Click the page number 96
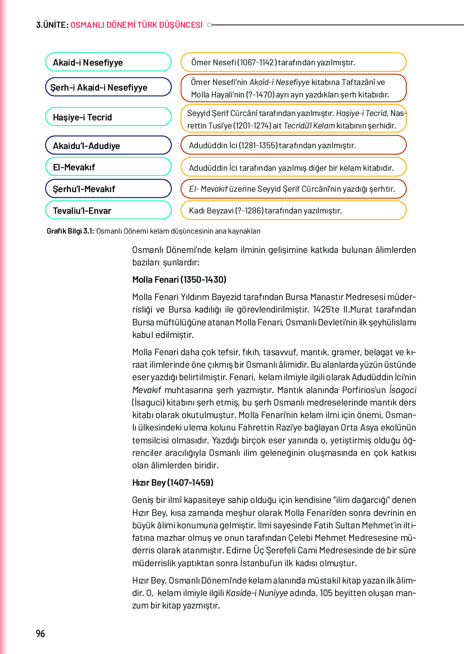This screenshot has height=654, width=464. point(40,633)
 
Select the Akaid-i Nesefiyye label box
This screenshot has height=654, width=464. point(108,62)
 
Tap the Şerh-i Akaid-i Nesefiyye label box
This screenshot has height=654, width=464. point(108,87)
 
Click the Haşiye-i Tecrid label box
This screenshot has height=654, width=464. point(108,117)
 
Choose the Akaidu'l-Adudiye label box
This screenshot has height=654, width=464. point(108,145)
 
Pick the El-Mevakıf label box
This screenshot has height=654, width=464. point(108,167)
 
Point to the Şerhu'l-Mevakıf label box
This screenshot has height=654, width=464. point(108,188)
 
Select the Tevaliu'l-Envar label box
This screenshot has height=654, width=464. point(108,210)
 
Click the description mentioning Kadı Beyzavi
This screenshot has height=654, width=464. point(293,210)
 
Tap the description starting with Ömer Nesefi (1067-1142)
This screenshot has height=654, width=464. point(293,62)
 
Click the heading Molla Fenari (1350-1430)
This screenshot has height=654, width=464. point(179,279)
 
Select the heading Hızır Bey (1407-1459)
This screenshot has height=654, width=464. point(173,482)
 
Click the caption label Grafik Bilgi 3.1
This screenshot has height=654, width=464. point(70,231)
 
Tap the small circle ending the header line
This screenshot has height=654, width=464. point(209,25)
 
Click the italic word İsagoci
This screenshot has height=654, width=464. point(402,390)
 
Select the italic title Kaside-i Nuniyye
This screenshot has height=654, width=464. point(257,593)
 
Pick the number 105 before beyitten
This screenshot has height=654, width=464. point(327,593)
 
